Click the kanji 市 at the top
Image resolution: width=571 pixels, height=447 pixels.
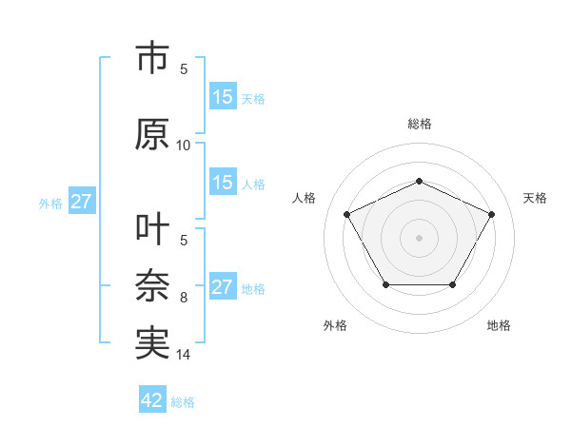coord(152,59)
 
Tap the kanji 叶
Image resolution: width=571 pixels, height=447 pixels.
coord(152,230)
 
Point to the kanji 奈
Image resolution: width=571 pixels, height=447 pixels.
coord(152,286)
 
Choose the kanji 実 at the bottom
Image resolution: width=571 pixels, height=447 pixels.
coord(152,343)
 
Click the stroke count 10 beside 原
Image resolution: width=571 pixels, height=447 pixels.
coord(184,146)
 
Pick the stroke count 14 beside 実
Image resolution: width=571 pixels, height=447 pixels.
coord(184,355)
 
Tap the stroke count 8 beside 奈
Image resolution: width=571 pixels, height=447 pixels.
coord(184,298)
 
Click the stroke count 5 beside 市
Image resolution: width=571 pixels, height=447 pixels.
coord(184,68)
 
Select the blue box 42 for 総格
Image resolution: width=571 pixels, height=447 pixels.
coord(152,400)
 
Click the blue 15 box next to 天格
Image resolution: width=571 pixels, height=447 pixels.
coord(223,97)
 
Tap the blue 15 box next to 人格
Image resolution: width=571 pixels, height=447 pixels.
coord(223,183)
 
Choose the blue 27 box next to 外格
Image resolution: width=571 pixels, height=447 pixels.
coord(82,202)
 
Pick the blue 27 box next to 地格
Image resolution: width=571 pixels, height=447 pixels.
coord(223,287)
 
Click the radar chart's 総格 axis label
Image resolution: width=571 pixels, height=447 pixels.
coord(420,124)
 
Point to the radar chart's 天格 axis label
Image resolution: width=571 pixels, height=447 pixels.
coord(535,198)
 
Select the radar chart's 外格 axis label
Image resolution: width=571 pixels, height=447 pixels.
coord(335,326)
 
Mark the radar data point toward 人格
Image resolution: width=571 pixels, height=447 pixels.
coord(347,214)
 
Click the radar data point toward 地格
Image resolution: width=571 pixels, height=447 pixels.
coord(453,284)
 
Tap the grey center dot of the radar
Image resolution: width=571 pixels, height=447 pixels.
coord(420,237)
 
